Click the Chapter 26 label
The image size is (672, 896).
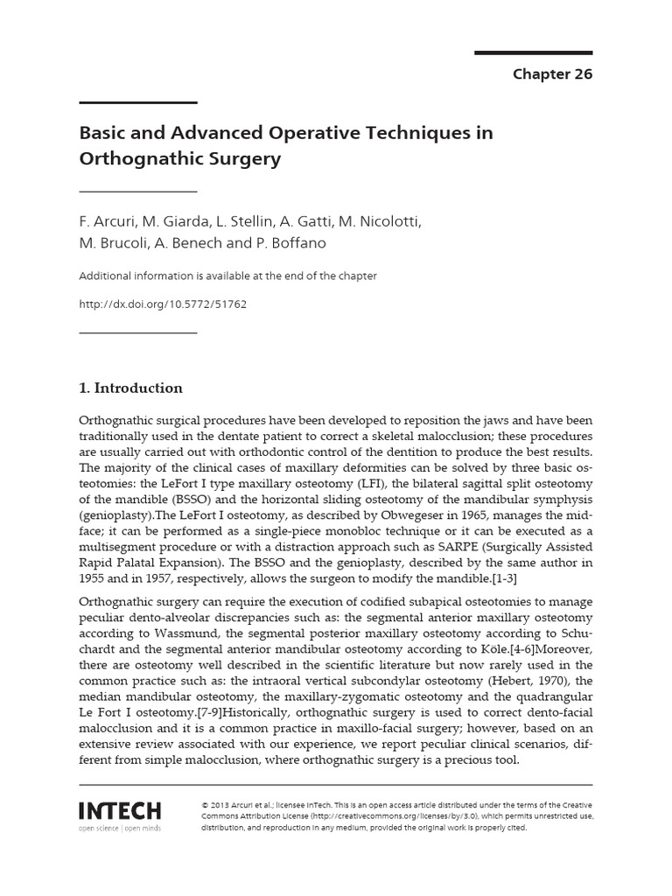coord(552,74)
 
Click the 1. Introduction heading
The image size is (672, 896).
coord(131,388)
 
